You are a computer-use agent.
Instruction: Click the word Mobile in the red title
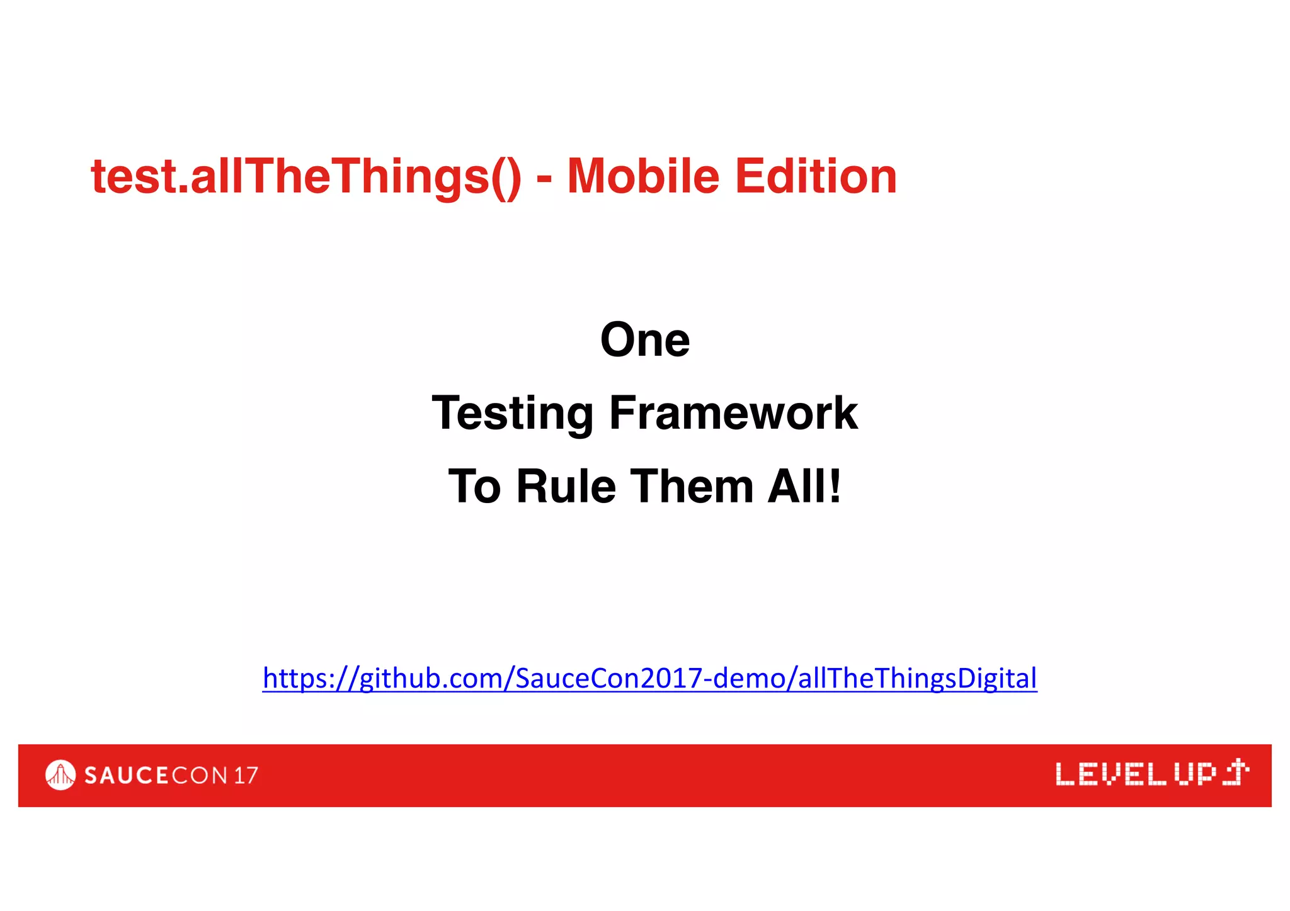click(x=642, y=176)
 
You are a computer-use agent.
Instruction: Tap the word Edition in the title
click(x=816, y=176)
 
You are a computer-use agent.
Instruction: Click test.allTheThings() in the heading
click(x=306, y=178)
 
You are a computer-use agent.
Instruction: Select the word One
click(x=645, y=340)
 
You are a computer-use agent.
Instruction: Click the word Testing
click(x=513, y=414)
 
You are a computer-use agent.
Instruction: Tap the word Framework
click(x=733, y=413)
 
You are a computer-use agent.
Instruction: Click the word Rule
click(x=566, y=487)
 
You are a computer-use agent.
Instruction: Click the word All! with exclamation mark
click(x=804, y=487)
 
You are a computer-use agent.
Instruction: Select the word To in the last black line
click(x=474, y=487)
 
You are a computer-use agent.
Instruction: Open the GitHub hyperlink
click(x=649, y=678)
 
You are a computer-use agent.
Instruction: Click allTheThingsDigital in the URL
click(x=917, y=678)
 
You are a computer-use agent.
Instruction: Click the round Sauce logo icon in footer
click(x=60, y=775)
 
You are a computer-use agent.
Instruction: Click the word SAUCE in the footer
click(x=126, y=776)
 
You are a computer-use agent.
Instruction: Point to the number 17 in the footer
click(x=246, y=776)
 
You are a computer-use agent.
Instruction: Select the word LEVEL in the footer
click(x=1110, y=774)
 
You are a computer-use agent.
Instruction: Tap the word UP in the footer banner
click(x=1195, y=774)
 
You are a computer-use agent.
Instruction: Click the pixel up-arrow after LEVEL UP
click(x=1236, y=772)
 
